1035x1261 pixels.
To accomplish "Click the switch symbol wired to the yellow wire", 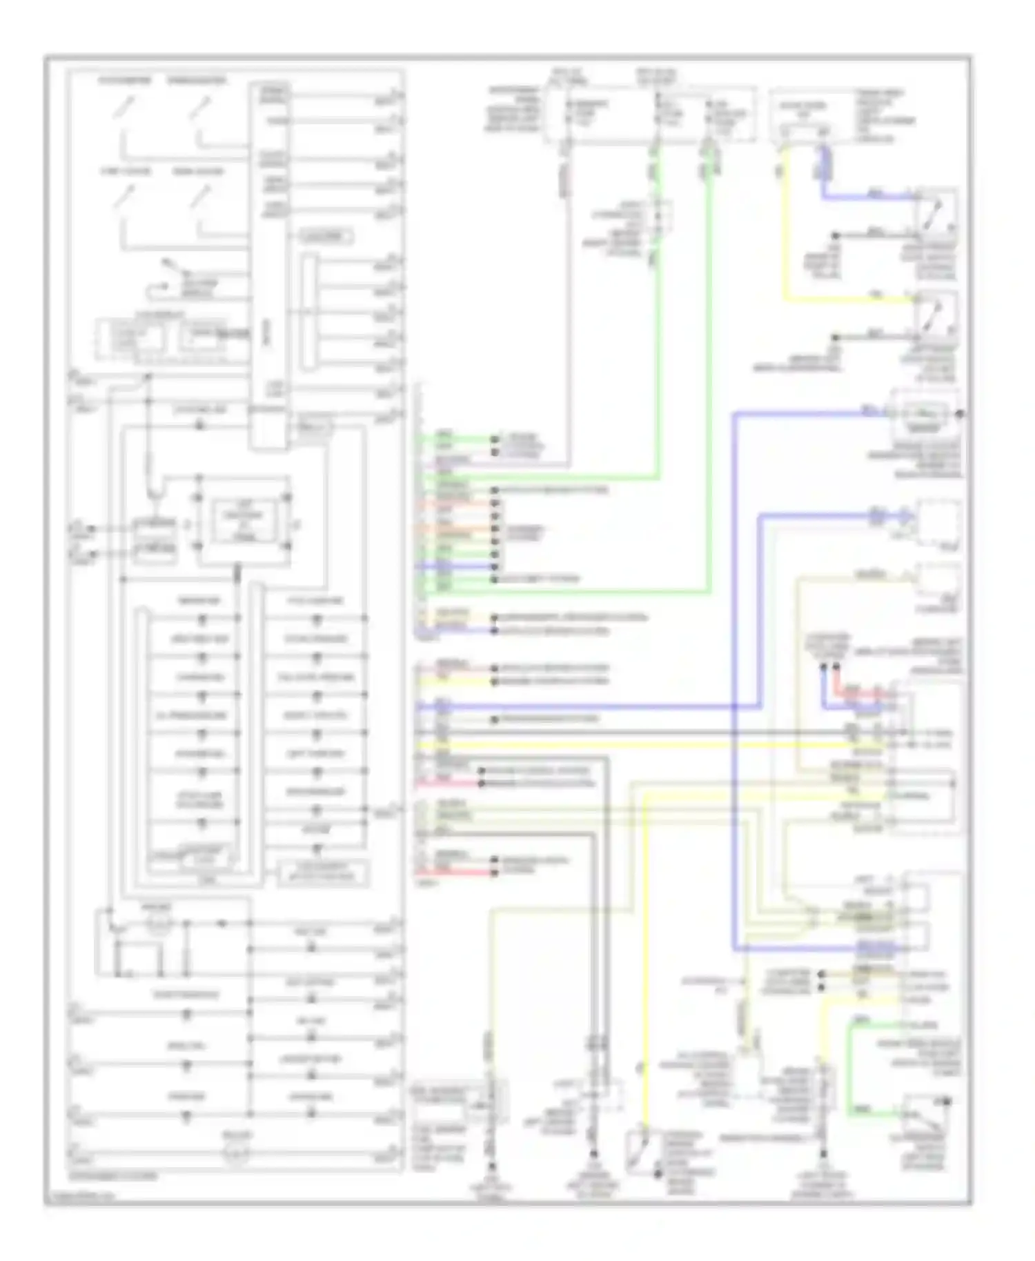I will pos(936,314).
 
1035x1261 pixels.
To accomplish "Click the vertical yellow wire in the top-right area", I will pos(785,228).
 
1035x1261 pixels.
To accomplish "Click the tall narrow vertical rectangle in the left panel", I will pos(268,269).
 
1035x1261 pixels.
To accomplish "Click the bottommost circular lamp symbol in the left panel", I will pos(235,1155).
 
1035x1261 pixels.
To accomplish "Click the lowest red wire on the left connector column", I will pos(455,872).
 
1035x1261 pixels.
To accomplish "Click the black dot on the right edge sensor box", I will pos(960,414).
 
